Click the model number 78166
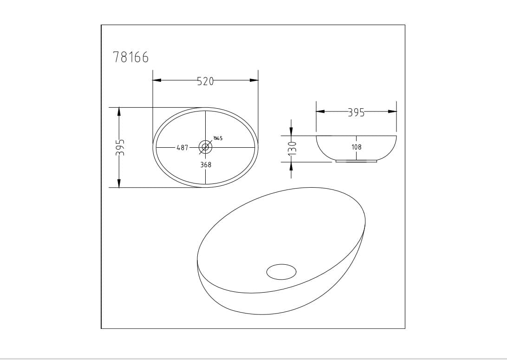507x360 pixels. click(131, 57)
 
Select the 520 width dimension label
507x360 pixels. click(205, 81)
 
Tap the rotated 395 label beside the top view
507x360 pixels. click(119, 147)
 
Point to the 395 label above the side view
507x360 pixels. click(356, 112)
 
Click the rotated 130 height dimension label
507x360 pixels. click(292, 149)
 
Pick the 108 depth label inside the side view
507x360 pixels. click(357, 147)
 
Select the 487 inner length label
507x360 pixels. click(182, 148)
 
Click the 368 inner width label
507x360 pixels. click(206, 164)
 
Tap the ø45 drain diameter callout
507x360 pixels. click(218, 138)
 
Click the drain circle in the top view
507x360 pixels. click(205, 147)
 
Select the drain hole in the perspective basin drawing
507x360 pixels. click(281, 272)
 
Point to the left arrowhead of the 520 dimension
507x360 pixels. click(157, 80)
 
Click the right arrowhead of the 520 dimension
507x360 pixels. click(254, 80)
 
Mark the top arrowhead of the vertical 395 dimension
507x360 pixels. click(119, 112)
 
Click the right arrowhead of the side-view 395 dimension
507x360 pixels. click(392, 111)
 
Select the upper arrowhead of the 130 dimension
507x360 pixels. click(291, 131)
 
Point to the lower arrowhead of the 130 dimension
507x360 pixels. click(291, 166)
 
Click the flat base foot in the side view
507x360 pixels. click(356, 161)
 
